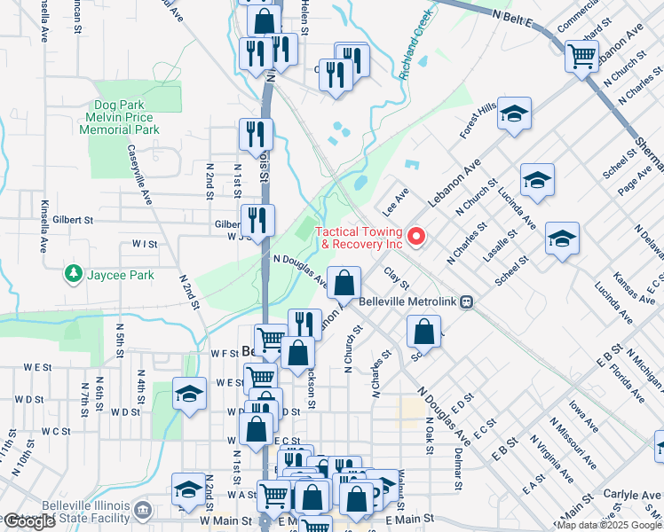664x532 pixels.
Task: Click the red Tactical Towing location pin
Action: tap(415, 236)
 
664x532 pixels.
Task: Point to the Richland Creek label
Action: tap(416, 43)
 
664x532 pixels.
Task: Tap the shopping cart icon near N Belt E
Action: tap(581, 56)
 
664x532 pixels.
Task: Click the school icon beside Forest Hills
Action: tap(514, 113)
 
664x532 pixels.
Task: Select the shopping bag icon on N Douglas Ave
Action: tap(344, 283)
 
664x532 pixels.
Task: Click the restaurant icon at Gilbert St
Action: tap(257, 220)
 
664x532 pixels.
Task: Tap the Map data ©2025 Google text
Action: tap(608, 525)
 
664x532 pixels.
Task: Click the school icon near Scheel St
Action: tap(562, 238)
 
